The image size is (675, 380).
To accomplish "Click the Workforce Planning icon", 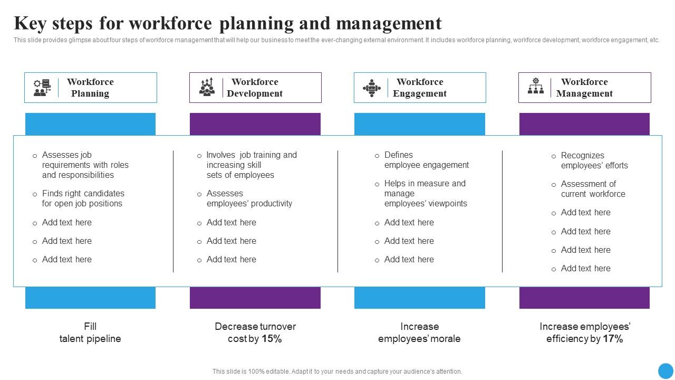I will [42, 88].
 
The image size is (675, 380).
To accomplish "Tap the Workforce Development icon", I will [207, 87].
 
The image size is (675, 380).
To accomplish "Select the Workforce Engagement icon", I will [372, 88].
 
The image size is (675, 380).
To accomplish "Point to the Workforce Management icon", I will [536, 87].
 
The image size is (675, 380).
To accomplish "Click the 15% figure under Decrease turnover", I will [272, 339].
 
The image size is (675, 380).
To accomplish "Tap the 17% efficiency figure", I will [613, 339].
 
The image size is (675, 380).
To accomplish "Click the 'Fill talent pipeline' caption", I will [90, 332].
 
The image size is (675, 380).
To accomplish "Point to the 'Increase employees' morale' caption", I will [419, 332].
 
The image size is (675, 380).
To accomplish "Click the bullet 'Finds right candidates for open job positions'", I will [83, 198].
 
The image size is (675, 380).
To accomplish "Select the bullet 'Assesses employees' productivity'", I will [249, 198].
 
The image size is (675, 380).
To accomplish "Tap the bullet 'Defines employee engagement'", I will [426, 160].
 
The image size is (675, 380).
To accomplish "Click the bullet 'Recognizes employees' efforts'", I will [594, 160].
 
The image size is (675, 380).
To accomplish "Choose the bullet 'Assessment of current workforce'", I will [593, 189].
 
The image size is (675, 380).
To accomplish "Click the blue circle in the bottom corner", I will [666, 370].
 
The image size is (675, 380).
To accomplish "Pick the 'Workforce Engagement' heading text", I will [420, 88].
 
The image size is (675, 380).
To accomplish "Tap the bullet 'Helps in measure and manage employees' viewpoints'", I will [425, 193].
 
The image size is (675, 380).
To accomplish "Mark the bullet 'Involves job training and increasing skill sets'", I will [252, 165].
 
